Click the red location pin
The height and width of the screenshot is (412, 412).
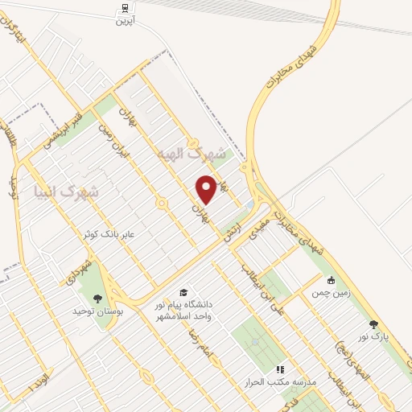(x=207, y=189)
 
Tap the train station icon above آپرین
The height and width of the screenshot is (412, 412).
(x=125, y=9)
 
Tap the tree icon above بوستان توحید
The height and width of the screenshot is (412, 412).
(x=98, y=298)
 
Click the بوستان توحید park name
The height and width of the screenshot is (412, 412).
(x=96, y=310)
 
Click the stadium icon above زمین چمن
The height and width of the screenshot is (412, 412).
(x=330, y=281)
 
